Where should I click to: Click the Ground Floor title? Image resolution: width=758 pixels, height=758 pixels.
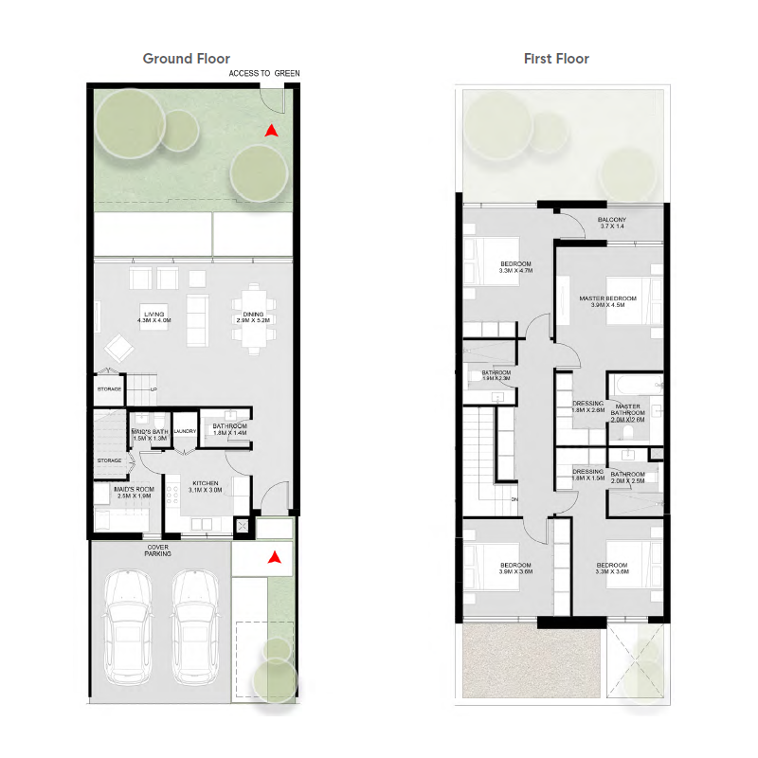(186, 59)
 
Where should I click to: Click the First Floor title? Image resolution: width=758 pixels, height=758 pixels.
(556, 59)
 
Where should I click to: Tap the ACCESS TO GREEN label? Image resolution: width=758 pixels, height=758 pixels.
(264, 73)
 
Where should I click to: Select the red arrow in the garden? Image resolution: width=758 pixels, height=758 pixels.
(271, 131)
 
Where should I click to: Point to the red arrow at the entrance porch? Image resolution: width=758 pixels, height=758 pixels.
(274, 558)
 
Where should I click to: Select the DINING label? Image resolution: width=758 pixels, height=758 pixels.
(253, 317)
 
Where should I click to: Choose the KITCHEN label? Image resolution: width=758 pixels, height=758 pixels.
(205, 485)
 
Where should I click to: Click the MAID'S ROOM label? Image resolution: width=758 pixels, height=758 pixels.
(134, 492)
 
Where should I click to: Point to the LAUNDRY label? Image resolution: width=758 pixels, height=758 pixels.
(185, 431)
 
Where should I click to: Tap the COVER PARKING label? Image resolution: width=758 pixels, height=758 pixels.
(158, 550)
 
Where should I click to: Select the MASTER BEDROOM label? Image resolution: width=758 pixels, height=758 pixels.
(607, 301)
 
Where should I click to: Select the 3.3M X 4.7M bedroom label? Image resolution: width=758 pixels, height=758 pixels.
(515, 266)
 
